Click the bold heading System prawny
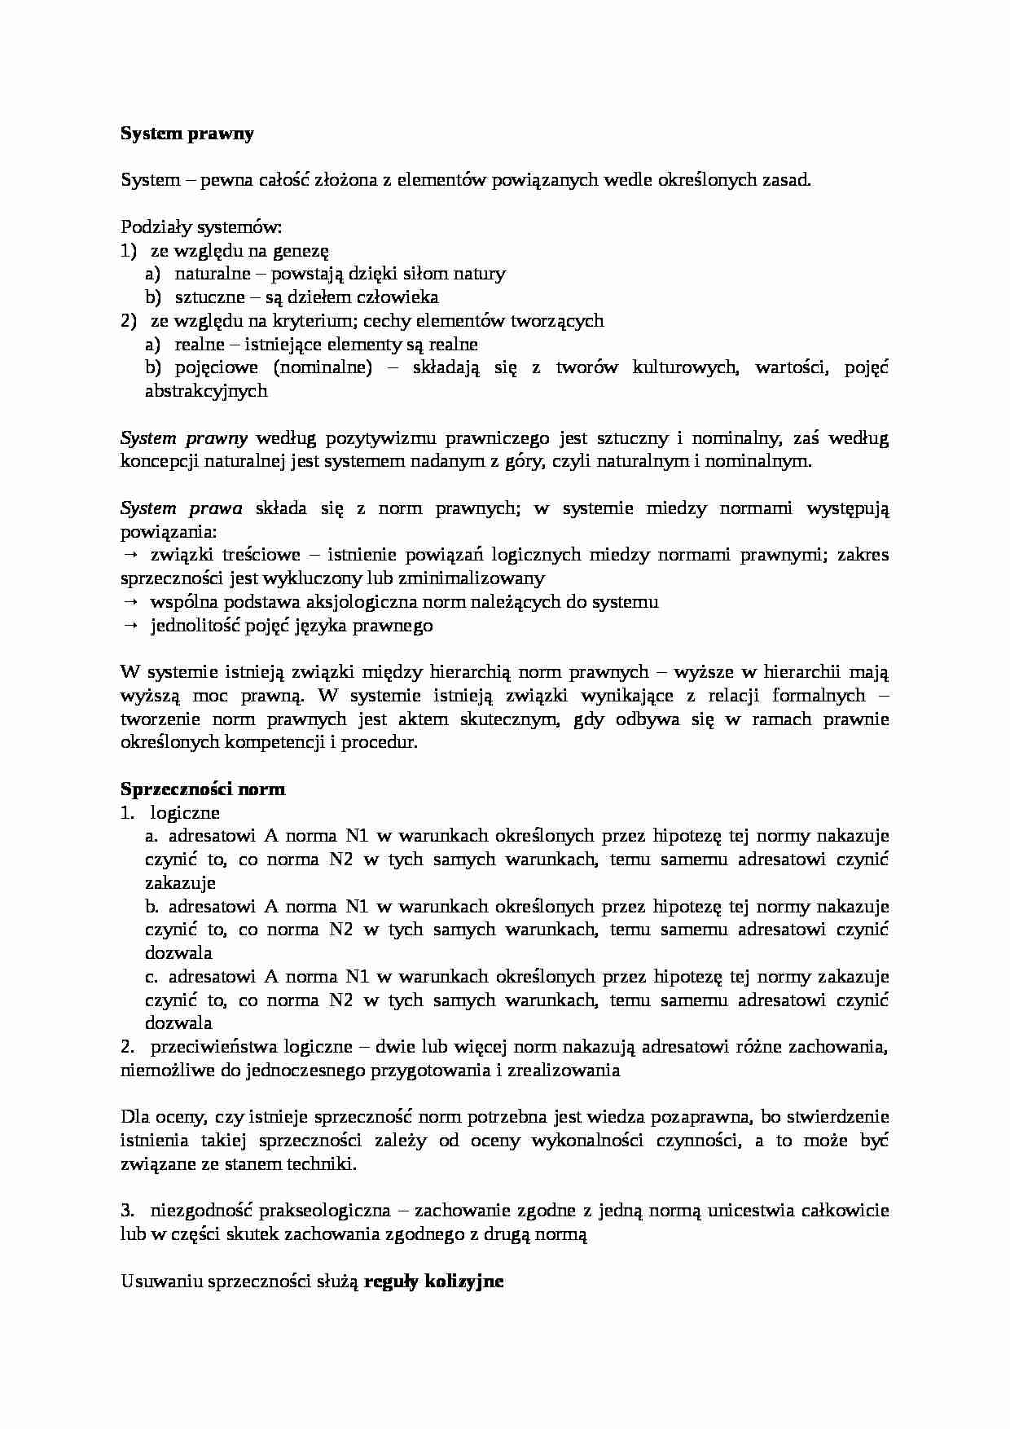click(187, 134)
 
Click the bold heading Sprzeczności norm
click(203, 789)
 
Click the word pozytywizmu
click(389, 438)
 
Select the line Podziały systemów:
click(200, 227)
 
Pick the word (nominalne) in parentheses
click(323, 367)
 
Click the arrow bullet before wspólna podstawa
click(130, 603)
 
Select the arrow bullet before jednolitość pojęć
click(130, 627)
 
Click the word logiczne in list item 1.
click(185, 812)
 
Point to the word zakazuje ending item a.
click(180, 882)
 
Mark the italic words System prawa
click(181, 509)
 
